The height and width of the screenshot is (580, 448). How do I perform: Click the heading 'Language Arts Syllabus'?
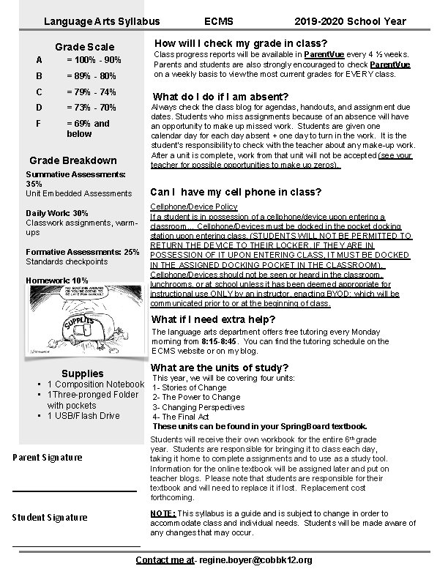coord(101,22)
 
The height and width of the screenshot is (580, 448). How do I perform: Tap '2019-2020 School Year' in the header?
coord(350,22)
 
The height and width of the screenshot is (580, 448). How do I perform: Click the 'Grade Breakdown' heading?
coord(72,160)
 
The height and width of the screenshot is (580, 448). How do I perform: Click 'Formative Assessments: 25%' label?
coord(82,252)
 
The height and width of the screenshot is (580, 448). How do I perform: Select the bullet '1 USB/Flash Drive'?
coord(83,416)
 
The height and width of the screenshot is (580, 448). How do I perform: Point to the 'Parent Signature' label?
coord(48,458)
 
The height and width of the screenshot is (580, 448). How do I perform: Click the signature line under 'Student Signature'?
coord(76,546)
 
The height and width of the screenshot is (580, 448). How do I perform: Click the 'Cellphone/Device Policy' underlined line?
coord(193,207)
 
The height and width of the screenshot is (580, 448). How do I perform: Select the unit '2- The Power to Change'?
coord(196,398)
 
